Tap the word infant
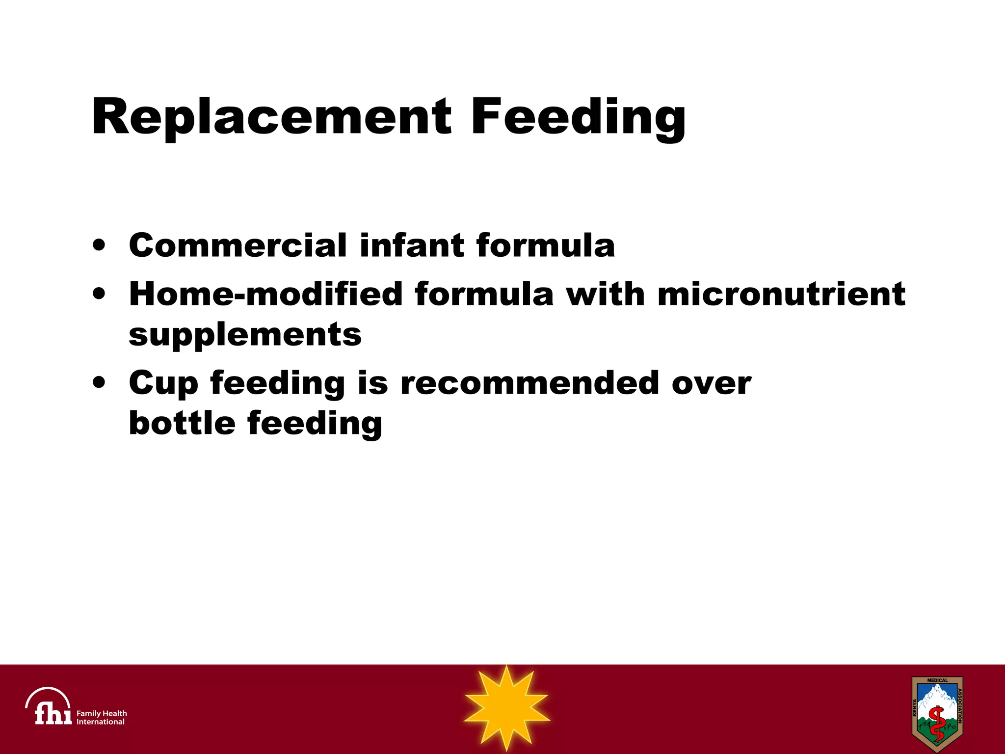pos(412,245)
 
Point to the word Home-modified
pos(265,294)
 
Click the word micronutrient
pos(781,294)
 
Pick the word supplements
pos(245,335)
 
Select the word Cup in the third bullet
pos(163,383)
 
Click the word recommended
pos(529,383)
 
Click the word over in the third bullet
pos(711,383)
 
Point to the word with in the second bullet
pos(606,294)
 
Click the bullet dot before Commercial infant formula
pos(99,245)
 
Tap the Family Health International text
pos(102,717)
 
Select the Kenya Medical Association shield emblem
pos(937,713)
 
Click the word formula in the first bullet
pos(545,245)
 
